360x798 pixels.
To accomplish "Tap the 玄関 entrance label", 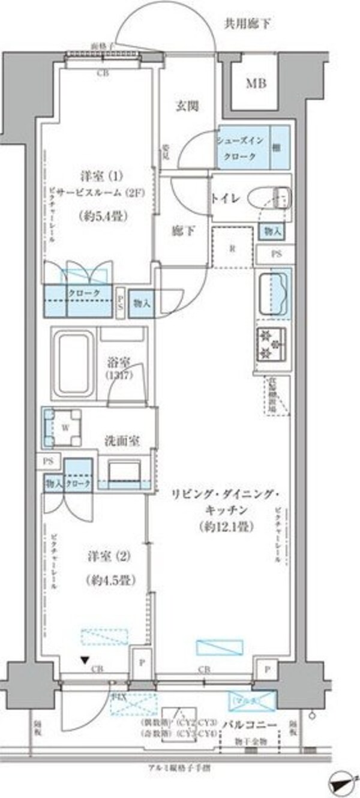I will (187, 106).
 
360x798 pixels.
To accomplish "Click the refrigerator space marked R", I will (232, 248).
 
